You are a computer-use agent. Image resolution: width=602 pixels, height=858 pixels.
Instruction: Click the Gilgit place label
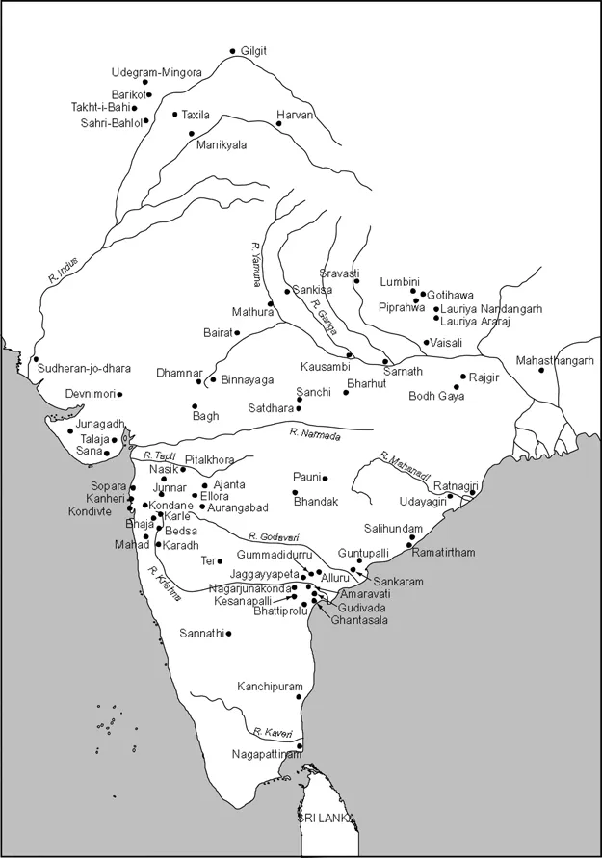(252, 50)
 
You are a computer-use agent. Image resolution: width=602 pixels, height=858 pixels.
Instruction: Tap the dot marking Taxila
(175, 115)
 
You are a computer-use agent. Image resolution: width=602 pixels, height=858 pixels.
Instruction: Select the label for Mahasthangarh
(555, 360)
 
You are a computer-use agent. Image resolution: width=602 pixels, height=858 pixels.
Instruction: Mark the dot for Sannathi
(228, 634)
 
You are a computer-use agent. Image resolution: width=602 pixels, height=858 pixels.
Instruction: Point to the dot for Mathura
(271, 304)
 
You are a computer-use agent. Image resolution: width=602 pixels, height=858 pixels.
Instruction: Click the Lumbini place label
(399, 281)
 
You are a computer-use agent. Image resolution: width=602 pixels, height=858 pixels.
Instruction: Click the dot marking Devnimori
(119, 394)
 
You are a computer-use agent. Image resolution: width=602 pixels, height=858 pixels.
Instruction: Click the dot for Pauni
(326, 479)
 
